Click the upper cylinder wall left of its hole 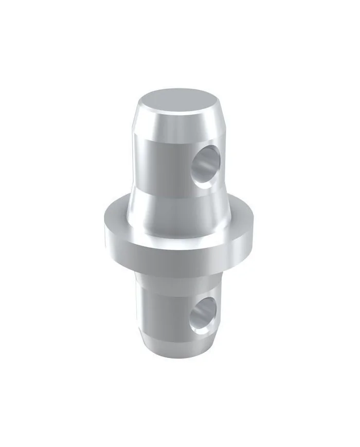[159, 165]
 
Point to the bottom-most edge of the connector [177, 352]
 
